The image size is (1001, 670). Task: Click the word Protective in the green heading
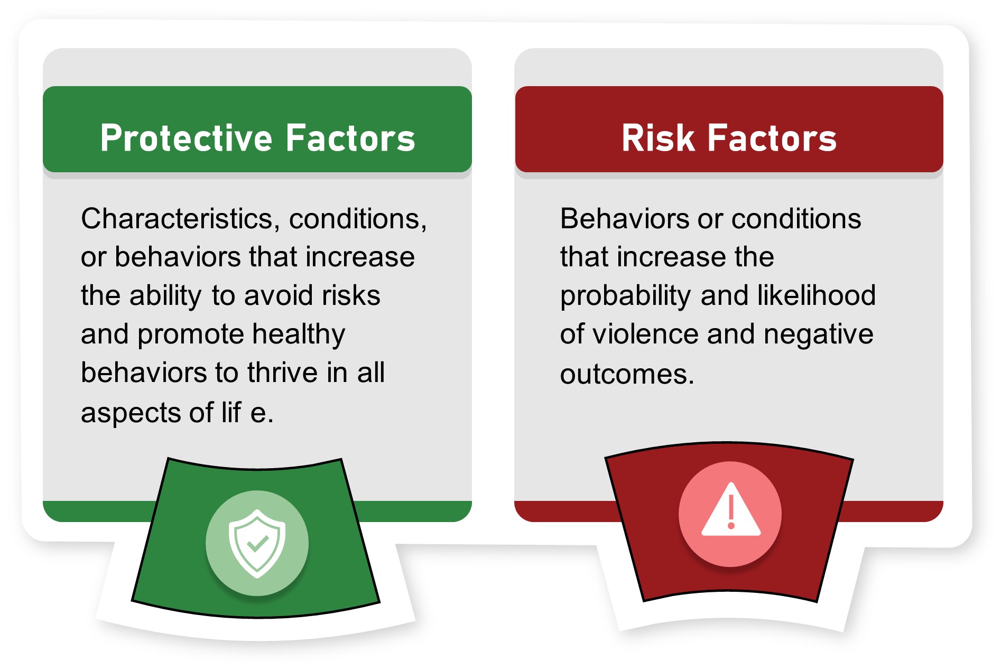(186, 138)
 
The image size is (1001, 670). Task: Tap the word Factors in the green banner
(350, 138)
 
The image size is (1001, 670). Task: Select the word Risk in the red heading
(658, 138)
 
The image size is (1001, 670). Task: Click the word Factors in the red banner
(772, 138)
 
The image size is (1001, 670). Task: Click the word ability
(165, 296)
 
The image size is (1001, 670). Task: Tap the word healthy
(299, 335)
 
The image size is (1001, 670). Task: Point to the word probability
(625, 296)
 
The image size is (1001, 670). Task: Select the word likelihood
(816, 295)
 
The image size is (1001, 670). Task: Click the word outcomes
(627, 375)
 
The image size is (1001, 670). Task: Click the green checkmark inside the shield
(257, 543)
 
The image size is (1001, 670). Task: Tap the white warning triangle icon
(731, 509)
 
